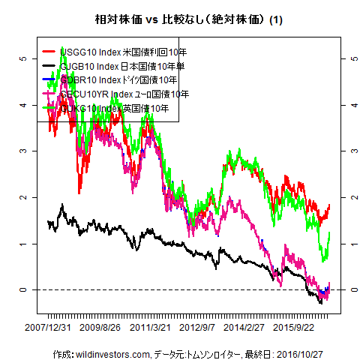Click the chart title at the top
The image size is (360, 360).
[179, 17]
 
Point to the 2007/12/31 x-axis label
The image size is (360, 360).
[48, 327]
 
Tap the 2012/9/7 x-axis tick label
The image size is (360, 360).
[197, 327]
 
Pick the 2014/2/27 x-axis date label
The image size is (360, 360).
[244, 327]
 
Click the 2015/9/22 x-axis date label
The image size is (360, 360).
[293, 327]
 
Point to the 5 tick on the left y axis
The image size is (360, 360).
[23, 58]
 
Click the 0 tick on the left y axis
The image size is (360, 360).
[23, 290]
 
